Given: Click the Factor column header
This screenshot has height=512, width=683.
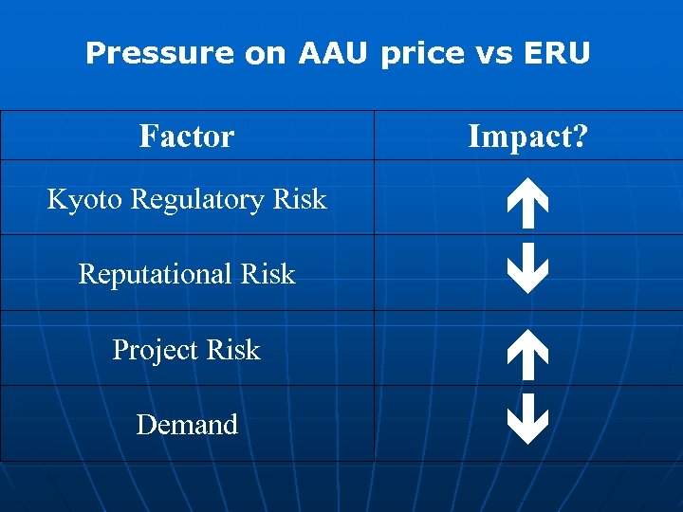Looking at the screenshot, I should (x=187, y=137).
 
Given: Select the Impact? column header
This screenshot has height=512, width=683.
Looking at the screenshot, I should (x=527, y=137).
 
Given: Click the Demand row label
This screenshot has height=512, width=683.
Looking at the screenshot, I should (x=187, y=425).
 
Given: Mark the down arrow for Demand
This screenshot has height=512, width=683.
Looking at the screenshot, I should (x=527, y=420).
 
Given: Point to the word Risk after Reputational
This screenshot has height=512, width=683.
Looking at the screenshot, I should (x=268, y=275).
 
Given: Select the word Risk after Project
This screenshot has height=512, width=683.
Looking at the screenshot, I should (x=233, y=351).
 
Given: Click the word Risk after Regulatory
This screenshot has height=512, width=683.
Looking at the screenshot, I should (x=300, y=200).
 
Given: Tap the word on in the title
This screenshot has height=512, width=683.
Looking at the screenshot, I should (x=267, y=54).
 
